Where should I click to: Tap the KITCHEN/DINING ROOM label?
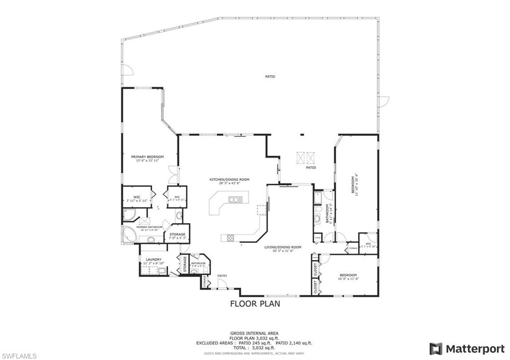pos(229,179)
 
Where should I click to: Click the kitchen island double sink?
pos(235,200)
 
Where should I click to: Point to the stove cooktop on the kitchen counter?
pos(231,238)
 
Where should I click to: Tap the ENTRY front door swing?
pos(223,283)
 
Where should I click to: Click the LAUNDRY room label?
pos(154,259)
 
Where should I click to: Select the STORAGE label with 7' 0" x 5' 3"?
pos(177,234)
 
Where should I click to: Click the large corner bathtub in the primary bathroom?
pos(130,235)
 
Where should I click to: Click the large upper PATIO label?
pos(270,77)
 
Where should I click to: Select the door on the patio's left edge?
pos(127,70)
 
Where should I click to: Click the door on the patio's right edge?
pos(383,102)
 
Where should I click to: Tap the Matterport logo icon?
pos(436,349)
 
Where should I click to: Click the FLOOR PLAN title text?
pos(255,304)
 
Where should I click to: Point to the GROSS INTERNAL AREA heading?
pos(254,333)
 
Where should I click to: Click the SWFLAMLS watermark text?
pos(18,356)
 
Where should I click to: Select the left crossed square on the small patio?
pos(300,157)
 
